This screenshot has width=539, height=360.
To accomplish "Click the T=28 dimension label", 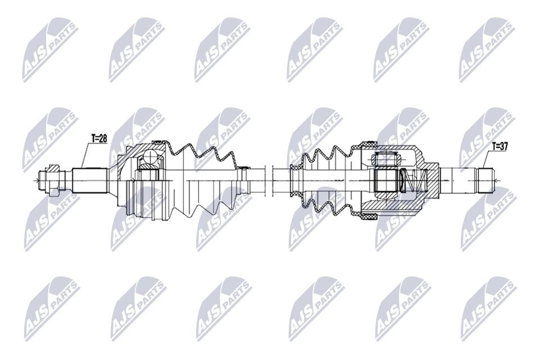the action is pyautogui.click(x=99, y=138).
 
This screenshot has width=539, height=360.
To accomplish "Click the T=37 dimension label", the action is pyautogui.click(x=500, y=146).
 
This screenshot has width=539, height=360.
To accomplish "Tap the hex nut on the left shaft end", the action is pyautogui.click(x=55, y=181).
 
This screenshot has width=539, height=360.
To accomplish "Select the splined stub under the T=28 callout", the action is pyautogui.click(x=90, y=181).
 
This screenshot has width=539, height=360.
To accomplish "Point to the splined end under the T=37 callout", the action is pyautogui.click(x=485, y=181).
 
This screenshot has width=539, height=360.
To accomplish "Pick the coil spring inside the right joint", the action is pyautogui.click(x=415, y=181).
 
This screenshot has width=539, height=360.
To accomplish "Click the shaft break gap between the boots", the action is pyautogui.click(x=269, y=181).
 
